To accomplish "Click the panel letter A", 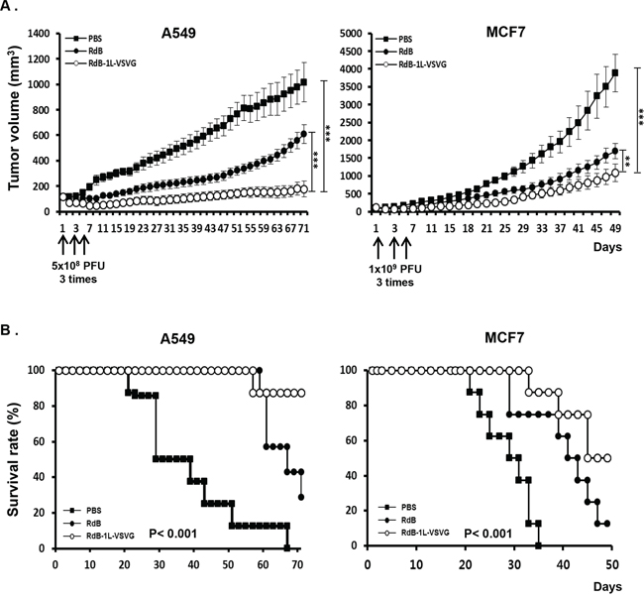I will pyautogui.click(x=13, y=8).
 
